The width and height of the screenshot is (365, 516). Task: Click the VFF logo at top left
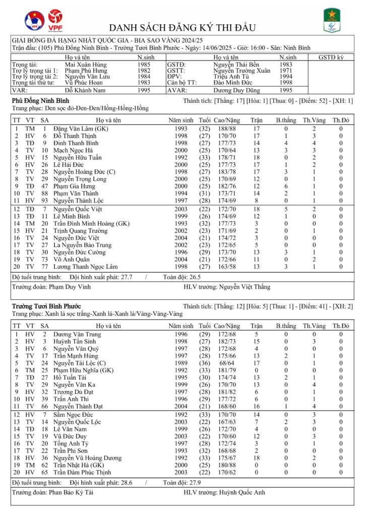pyautogui.click(x=34, y=21)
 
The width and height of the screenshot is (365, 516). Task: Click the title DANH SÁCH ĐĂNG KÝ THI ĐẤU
pyautogui.click(x=182, y=27)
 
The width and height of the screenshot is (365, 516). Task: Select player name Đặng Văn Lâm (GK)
pyautogui.click(x=80, y=129)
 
